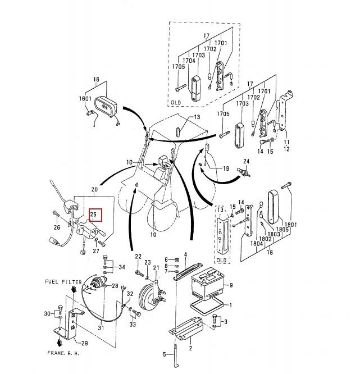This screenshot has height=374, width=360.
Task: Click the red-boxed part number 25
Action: coord(93,215)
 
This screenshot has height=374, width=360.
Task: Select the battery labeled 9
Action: coord(208,284)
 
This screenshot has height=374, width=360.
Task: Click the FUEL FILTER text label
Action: coord(63,282)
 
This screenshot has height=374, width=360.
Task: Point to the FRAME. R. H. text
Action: coord(63,353)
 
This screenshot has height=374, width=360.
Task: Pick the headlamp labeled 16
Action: coord(106,107)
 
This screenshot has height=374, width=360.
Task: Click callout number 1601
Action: coord(85,98)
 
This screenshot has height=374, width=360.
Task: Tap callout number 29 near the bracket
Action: coord(84,343)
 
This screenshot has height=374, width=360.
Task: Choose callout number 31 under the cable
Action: coord(101,328)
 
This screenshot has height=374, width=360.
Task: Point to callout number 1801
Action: coord(290,224)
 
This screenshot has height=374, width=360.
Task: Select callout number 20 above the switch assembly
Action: coord(94,189)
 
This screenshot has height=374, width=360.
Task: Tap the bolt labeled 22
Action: coord(139,273)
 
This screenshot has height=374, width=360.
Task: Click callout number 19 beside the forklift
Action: coord(226,168)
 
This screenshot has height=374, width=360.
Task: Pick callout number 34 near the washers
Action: coord(122,267)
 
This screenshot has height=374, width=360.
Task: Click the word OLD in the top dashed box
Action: coord(176,103)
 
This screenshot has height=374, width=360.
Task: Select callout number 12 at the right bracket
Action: coord(286,149)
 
